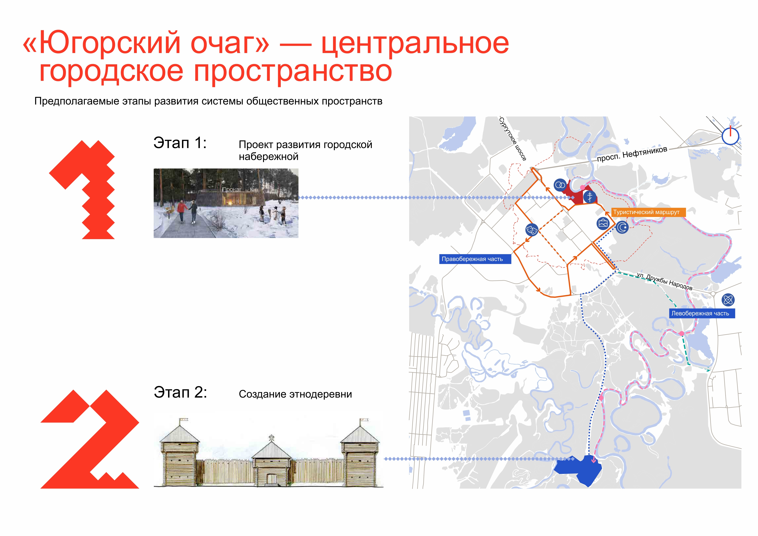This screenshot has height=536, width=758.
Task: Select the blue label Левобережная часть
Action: (x=702, y=313)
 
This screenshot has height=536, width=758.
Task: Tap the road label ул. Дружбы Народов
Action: (x=664, y=281)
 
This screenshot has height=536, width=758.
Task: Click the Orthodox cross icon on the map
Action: (x=590, y=197)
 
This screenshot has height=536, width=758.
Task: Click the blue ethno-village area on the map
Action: (x=579, y=469)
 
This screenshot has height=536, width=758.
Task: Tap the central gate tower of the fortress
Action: (x=271, y=461)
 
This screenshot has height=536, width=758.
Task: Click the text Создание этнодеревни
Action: (x=295, y=394)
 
